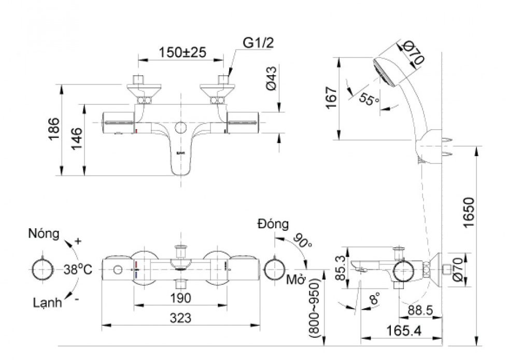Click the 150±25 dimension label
182,52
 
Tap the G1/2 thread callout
257,44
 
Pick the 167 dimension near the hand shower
331,98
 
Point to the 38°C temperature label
78,270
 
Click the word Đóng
273,224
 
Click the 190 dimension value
180,298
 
